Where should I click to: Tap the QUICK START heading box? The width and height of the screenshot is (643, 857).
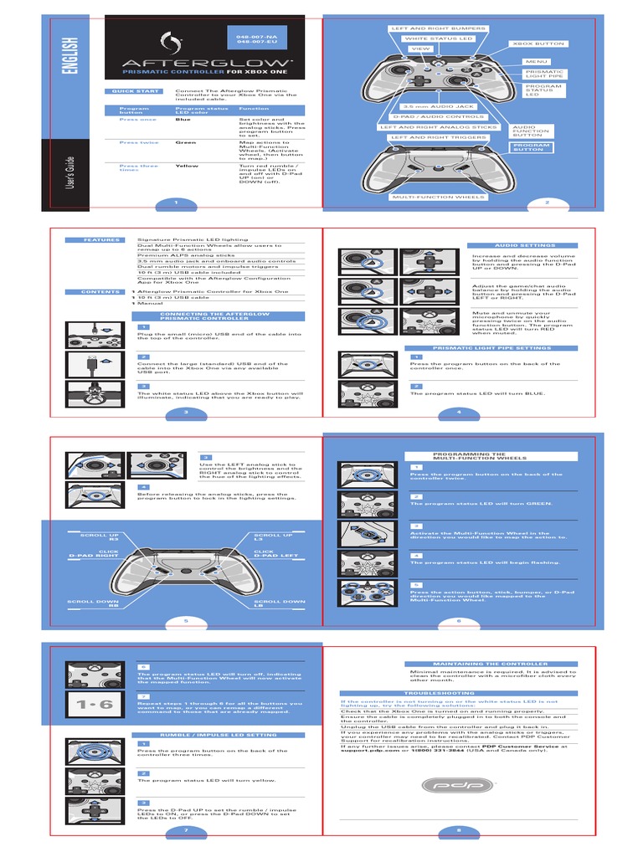point(128,91)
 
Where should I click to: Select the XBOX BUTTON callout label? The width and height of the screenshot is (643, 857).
point(538,44)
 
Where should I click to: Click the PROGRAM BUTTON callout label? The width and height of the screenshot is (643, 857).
point(532,147)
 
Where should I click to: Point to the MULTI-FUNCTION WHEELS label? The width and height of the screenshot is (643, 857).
point(437,198)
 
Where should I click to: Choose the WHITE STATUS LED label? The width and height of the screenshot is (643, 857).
point(438,38)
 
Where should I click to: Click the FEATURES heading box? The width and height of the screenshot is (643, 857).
point(101,240)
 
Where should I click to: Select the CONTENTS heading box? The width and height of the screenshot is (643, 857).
point(101,292)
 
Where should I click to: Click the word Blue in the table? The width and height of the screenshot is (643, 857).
point(183,120)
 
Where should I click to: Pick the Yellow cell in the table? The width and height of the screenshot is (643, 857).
point(187,166)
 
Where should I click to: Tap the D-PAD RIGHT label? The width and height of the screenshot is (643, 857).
point(94,556)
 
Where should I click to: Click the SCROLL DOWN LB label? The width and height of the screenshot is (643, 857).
point(280,603)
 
